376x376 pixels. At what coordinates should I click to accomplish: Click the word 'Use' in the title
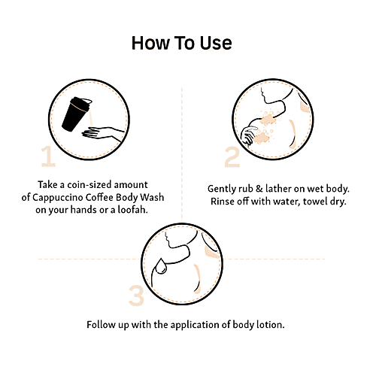click(x=216, y=43)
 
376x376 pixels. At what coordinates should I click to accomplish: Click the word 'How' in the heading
click(x=150, y=43)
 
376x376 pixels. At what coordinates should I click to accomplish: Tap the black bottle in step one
click(x=76, y=114)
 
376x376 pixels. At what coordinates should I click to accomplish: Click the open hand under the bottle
click(x=103, y=133)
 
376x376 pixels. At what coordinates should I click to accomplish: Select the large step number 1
click(x=48, y=156)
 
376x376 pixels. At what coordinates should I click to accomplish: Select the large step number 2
click(x=232, y=157)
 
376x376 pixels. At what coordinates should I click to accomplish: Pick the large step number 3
click(x=136, y=295)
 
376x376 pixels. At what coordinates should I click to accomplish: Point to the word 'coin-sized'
click(x=89, y=185)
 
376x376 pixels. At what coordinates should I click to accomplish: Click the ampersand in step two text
click(x=259, y=189)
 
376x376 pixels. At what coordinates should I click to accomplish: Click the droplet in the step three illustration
click(x=161, y=267)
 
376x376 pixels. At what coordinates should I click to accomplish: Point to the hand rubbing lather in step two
click(x=249, y=136)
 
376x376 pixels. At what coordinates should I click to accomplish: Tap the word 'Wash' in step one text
click(x=152, y=197)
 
